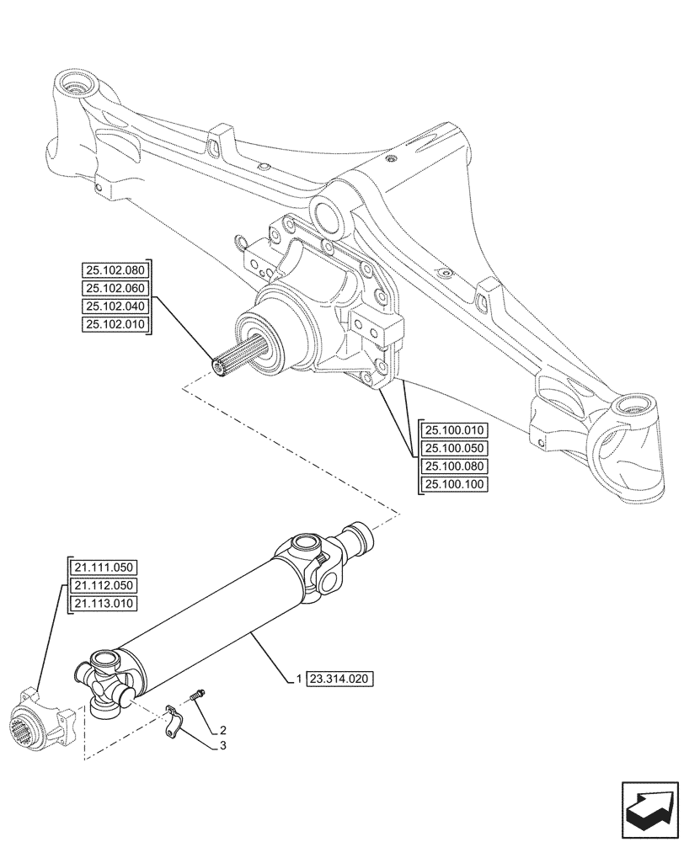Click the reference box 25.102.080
click(x=115, y=270)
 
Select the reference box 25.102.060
click(x=115, y=289)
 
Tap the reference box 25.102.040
click(x=115, y=306)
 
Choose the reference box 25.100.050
click(x=456, y=448)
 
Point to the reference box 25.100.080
click(x=456, y=466)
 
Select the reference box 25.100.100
click(x=456, y=484)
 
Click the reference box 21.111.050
click(x=104, y=567)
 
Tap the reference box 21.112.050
click(x=104, y=585)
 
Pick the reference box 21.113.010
click(x=104, y=603)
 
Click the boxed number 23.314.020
click(x=340, y=679)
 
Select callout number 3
click(x=222, y=746)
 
